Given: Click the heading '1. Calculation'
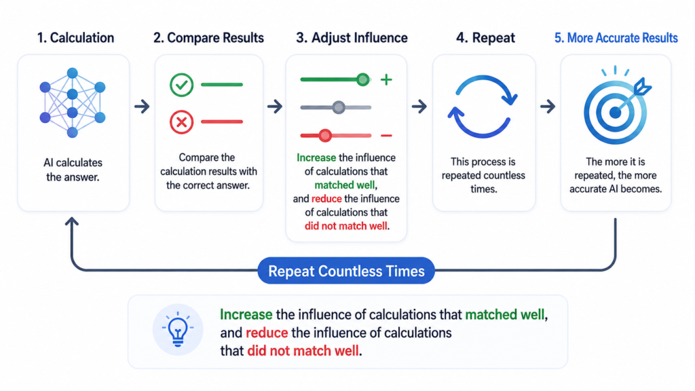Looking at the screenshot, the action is click(x=75, y=38).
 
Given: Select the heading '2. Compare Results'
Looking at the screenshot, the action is click(x=208, y=38).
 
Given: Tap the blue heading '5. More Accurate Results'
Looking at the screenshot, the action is click(x=616, y=38).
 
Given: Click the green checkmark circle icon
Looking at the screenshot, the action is click(x=181, y=84).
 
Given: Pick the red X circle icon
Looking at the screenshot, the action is click(x=181, y=122).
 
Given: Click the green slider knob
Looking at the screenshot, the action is click(x=363, y=80).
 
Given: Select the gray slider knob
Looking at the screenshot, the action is click(x=339, y=107).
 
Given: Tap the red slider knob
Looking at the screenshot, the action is click(x=325, y=135).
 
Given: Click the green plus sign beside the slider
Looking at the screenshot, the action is click(x=386, y=80).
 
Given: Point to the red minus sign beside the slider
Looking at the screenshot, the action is click(x=386, y=136).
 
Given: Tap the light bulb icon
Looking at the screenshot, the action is click(x=178, y=329).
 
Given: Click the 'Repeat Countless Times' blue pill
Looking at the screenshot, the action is click(x=346, y=270).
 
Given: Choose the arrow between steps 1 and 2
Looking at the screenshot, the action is click(x=142, y=107).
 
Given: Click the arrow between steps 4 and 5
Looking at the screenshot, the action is click(x=548, y=107).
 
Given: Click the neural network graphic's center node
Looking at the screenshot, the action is click(x=72, y=94).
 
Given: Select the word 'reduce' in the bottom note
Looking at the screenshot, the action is click(x=267, y=333).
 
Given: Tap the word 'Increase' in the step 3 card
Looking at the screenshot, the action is click(x=316, y=157).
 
